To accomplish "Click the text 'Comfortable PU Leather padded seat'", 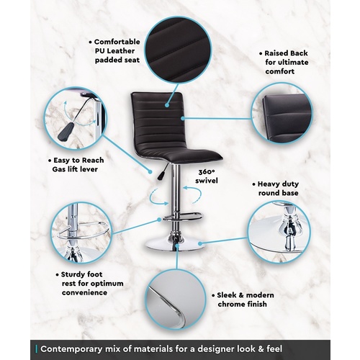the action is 114,51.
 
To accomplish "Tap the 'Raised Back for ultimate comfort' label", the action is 284,62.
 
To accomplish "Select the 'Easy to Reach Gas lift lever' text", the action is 76,165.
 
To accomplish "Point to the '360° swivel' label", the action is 207,176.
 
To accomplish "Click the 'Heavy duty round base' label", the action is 276,189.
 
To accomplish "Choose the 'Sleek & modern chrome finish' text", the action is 243,300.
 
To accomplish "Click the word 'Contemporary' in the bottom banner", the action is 71,349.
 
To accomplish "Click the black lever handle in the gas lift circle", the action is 66,132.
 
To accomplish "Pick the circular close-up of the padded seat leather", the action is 178,50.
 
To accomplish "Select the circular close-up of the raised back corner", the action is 282,114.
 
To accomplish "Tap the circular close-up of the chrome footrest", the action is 81,233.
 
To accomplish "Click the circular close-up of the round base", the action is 279,232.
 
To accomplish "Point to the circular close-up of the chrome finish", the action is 176,299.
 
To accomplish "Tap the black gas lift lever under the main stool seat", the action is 163,172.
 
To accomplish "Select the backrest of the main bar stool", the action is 158,120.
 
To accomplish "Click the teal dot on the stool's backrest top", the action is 167,105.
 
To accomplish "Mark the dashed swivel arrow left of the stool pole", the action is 157,197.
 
